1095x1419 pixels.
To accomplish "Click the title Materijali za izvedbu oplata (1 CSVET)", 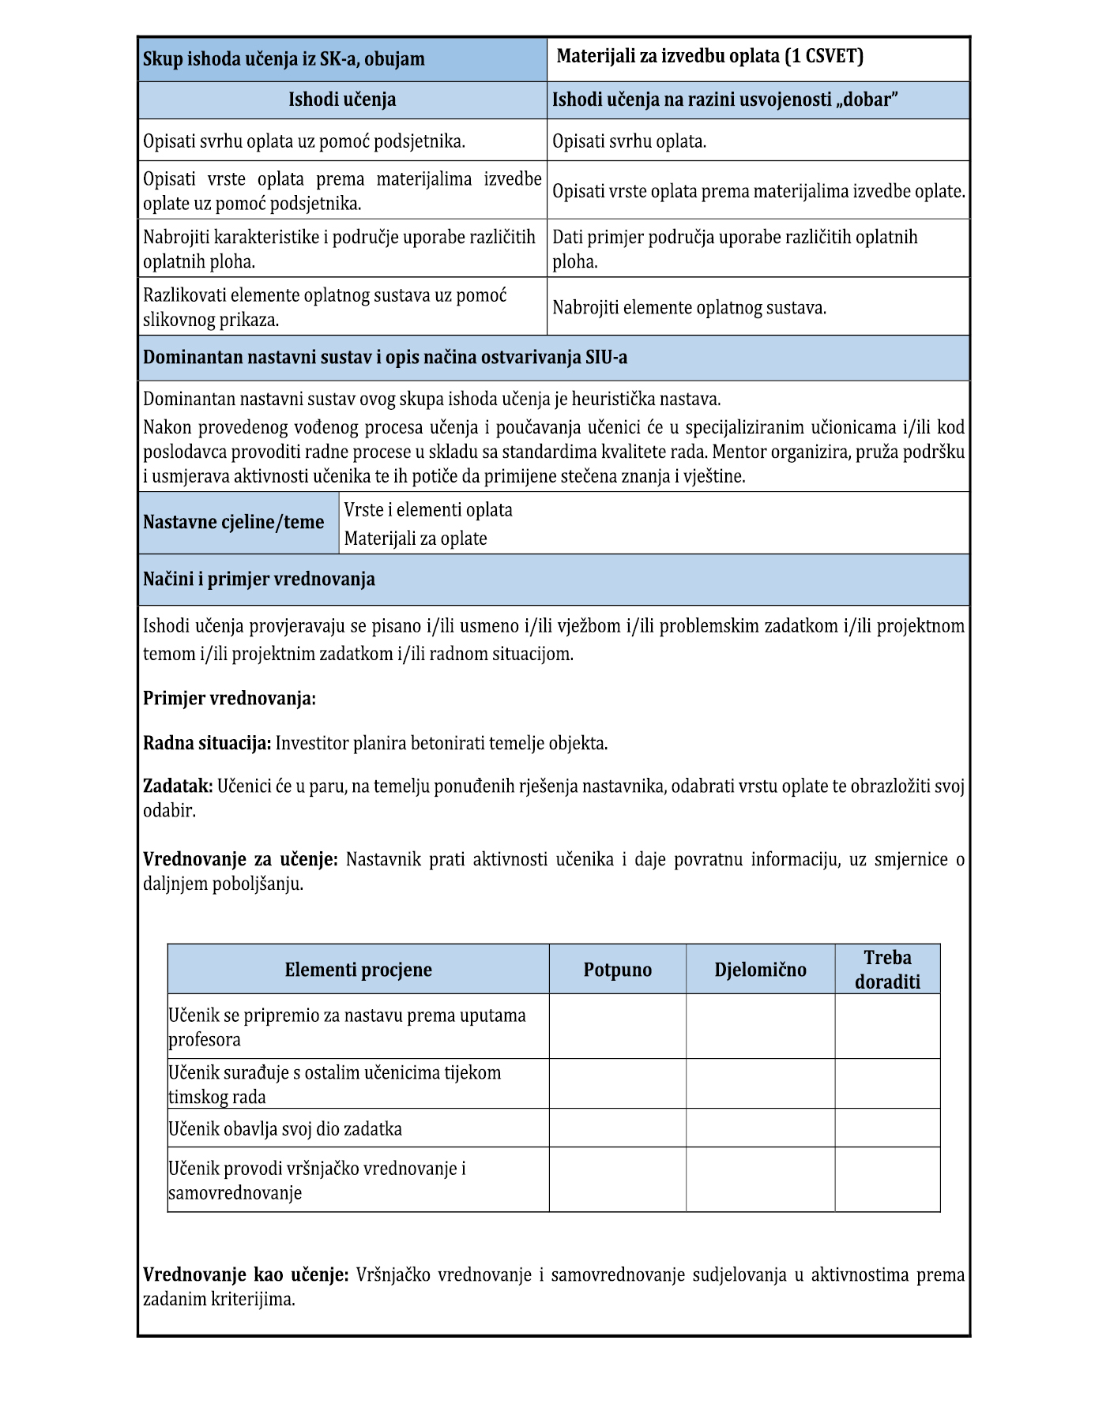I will [709, 56].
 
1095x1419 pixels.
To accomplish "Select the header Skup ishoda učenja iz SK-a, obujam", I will [284, 59].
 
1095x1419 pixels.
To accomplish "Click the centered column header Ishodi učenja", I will [342, 99].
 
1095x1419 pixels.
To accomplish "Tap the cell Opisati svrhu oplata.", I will [629, 141].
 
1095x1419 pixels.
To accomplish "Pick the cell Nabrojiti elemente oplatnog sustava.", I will [689, 307].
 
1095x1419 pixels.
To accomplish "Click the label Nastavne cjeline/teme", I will [234, 522].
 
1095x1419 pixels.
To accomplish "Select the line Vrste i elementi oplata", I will [428, 509].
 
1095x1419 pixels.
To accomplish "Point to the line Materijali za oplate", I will [416, 539].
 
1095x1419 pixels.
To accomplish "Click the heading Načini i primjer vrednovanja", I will [259, 579].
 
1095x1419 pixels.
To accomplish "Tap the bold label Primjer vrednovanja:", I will [229, 698].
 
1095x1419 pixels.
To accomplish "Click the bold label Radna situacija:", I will [207, 743].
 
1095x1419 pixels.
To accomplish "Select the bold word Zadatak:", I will [178, 786].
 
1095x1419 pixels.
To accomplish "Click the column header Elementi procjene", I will [358, 970].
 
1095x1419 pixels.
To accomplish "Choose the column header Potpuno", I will [618, 970].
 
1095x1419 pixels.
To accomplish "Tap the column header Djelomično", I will [760, 970].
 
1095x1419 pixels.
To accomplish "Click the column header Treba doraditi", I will [887, 969].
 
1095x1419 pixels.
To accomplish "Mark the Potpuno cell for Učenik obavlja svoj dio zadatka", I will [618, 1128].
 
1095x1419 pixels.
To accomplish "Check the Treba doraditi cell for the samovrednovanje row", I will [887, 1179].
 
